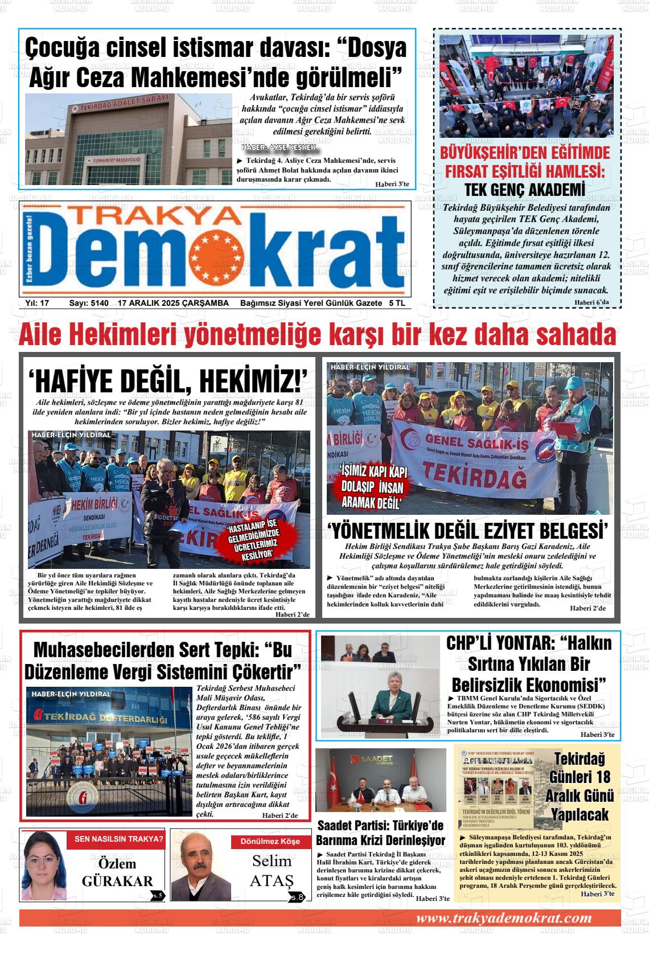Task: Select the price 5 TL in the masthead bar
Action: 397,303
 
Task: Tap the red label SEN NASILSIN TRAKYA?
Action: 119,838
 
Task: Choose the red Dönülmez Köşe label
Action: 270,841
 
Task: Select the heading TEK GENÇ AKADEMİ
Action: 524,190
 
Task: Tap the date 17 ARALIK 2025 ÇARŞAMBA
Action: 173,303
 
